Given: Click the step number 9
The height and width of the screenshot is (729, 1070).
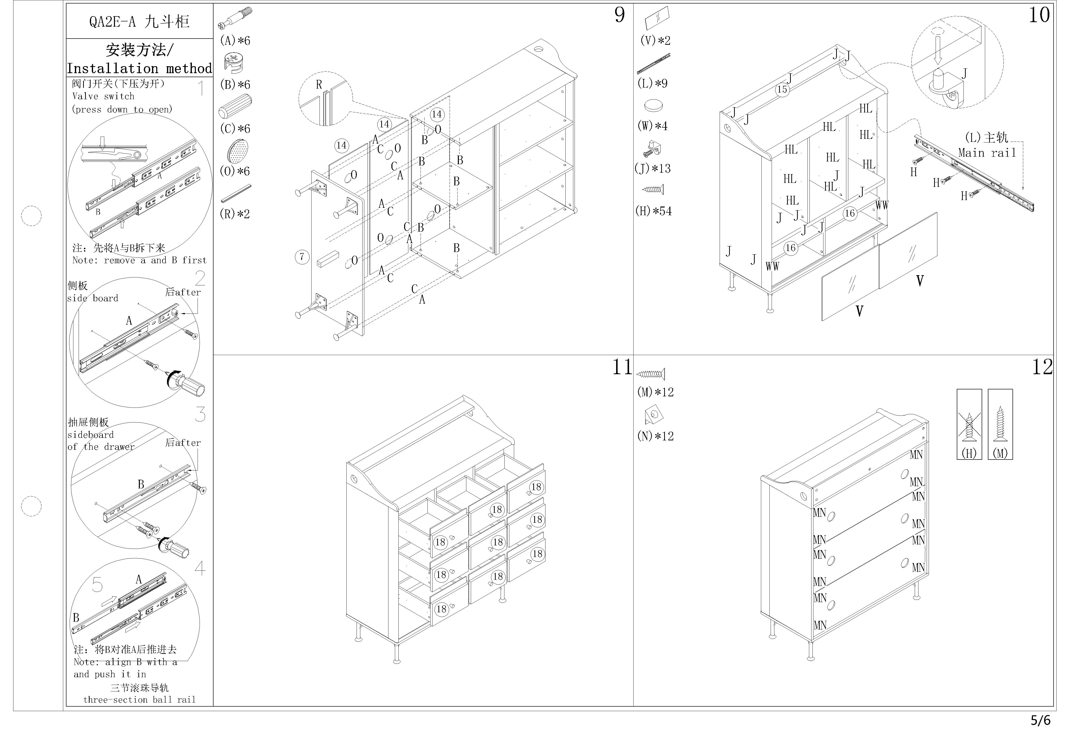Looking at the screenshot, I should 620,15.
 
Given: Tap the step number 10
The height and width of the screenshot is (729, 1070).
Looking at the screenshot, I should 1039,15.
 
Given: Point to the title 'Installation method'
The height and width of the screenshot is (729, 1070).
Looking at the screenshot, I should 139,69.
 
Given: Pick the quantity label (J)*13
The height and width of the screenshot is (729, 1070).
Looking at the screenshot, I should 652,168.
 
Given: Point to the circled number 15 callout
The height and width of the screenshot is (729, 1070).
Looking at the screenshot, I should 782,89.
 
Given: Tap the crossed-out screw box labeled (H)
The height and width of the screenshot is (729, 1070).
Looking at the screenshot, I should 969,424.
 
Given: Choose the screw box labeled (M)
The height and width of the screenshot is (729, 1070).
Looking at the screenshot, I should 1000,424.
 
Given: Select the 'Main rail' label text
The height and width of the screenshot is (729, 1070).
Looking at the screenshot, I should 987,153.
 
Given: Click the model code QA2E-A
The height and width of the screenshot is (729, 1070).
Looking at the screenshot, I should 112,22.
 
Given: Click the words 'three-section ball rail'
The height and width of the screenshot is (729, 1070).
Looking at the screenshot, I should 139,700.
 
